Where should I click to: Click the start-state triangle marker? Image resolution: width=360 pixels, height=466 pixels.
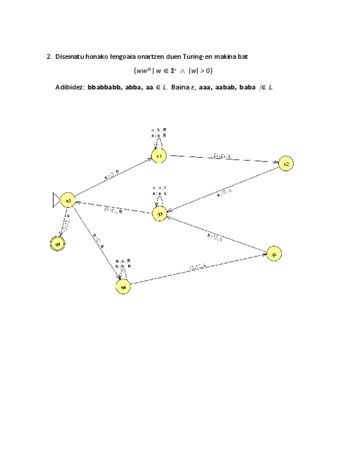(57, 201)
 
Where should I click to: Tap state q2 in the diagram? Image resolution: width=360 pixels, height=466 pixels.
(285, 163)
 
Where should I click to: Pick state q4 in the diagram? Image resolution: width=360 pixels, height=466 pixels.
(124, 287)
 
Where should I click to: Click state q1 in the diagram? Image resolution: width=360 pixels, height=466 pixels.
(159, 156)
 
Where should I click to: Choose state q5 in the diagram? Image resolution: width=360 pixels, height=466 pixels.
(273, 253)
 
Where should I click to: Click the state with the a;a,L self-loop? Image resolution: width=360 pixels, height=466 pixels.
(159, 213)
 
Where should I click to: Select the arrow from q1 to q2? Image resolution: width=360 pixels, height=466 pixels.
(222, 159)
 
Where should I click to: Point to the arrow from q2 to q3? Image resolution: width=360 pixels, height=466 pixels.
(223, 188)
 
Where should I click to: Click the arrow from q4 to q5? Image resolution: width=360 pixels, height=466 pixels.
(198, 270)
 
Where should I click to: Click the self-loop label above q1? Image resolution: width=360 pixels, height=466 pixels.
(159, 132)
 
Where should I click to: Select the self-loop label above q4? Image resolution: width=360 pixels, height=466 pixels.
(123, 264)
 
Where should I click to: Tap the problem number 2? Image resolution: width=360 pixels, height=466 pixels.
(49, 56)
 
